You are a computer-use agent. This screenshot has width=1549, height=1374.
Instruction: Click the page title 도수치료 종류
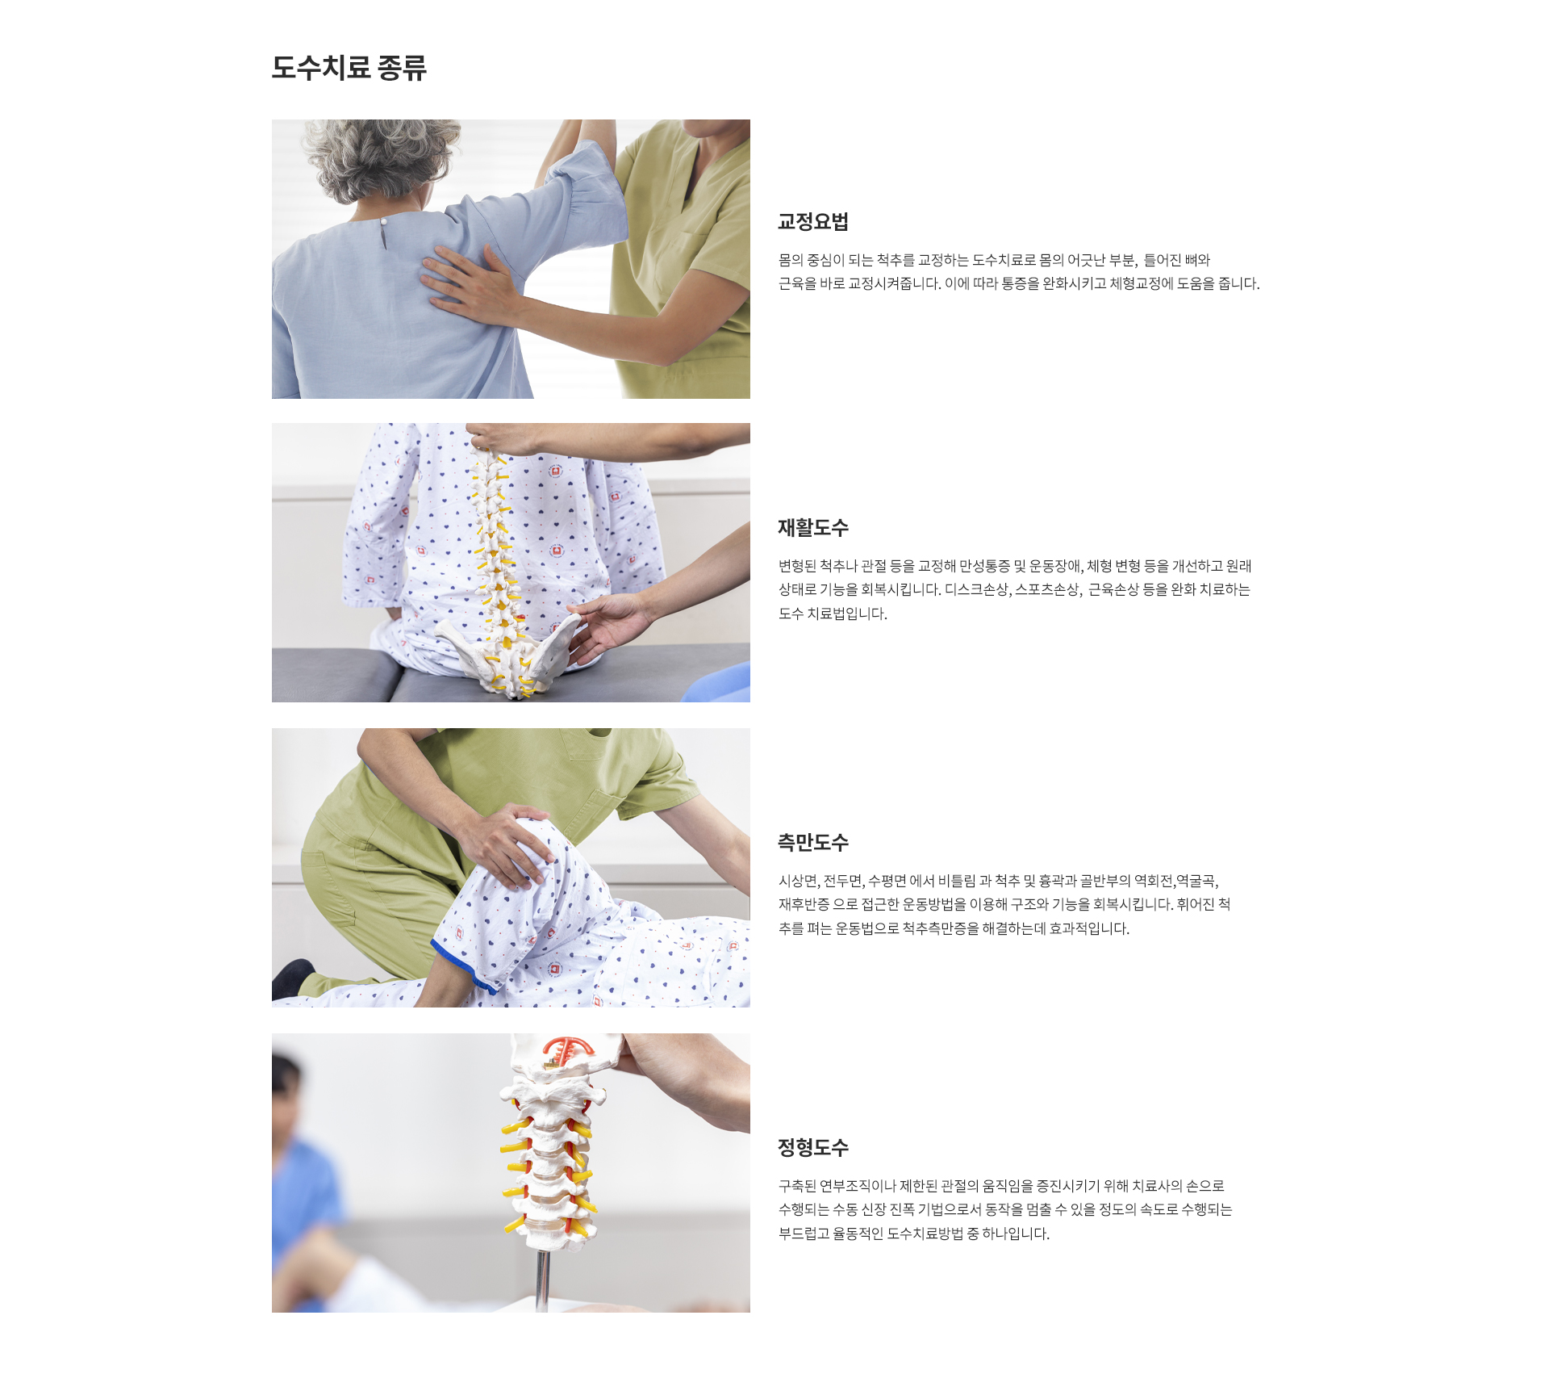click(x=349, y=68)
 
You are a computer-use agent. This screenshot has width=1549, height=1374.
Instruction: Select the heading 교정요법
click(x=812, y=222)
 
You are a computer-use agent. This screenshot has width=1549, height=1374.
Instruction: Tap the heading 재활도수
click(x=812, y=528)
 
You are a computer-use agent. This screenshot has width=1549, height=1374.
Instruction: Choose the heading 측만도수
click(x=812, y=843)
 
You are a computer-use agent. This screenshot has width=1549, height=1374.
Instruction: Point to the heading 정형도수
click(x=812, y=1148)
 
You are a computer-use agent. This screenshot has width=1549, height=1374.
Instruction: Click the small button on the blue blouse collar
click(x=384, y=221)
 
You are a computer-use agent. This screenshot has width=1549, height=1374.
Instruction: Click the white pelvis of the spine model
click(x=508, y=650)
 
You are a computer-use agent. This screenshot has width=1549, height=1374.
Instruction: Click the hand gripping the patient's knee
click(x=504, y=844)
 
